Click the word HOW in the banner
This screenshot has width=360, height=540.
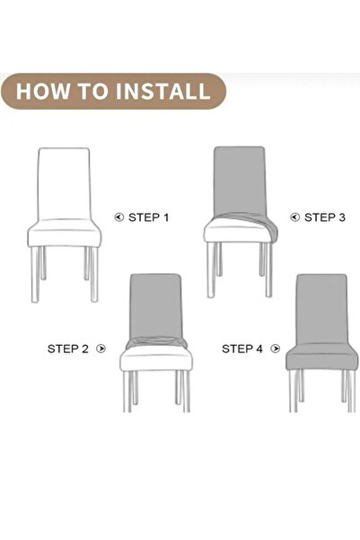43,92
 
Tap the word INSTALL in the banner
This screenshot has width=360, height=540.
162,92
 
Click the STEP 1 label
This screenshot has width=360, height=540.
149,217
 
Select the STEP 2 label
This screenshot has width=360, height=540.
68,349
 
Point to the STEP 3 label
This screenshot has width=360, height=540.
325,217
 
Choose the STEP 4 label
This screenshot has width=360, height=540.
242,349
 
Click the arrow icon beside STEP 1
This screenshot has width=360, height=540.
119,217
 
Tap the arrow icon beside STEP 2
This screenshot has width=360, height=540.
101,349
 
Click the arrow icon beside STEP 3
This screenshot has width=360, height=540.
295,217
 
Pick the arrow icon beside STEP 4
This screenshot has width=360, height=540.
275,349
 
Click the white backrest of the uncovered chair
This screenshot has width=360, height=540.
64,184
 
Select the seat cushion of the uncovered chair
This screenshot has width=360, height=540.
65,234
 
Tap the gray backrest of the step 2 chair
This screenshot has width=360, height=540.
155,305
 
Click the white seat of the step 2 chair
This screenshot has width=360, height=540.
156,359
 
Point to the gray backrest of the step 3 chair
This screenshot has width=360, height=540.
240,181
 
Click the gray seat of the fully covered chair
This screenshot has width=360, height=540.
321,358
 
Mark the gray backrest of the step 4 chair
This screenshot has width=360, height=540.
321,309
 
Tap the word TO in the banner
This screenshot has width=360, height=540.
92,92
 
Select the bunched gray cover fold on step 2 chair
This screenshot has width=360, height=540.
156,341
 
